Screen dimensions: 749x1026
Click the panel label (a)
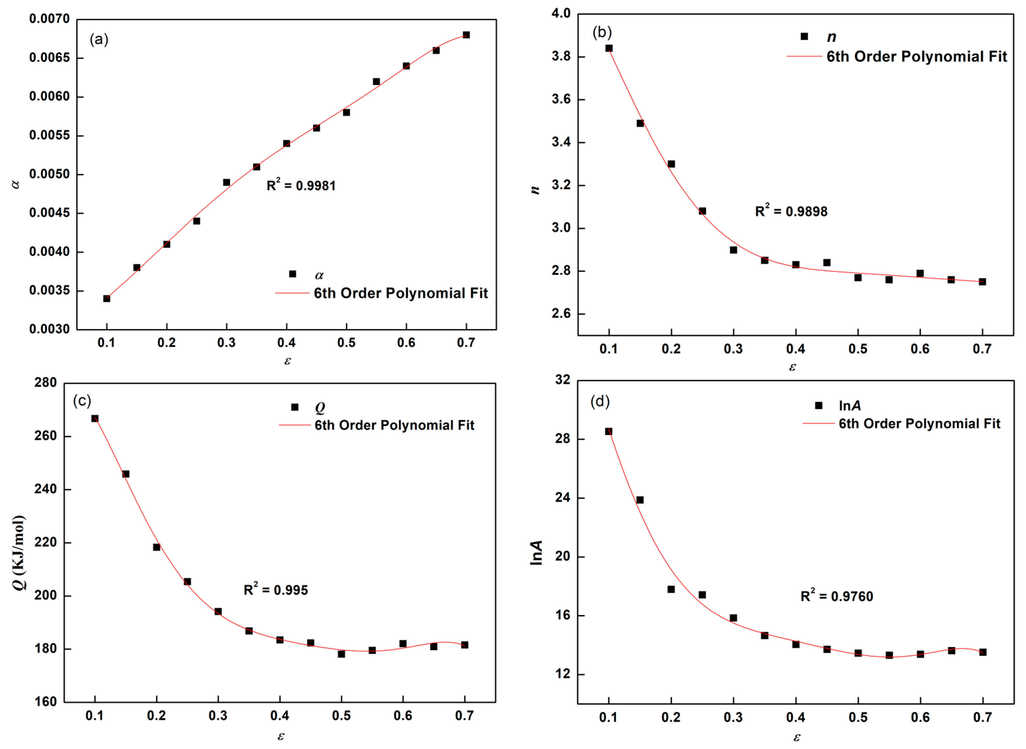(x=99, y=40)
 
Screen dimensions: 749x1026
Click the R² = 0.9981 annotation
(x=301, y=185)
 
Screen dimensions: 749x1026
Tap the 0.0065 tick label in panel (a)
(x=49, y=58)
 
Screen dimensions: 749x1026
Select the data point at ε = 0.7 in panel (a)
(x=466, y=35)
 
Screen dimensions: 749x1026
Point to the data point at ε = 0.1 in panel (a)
(x=107, y=298)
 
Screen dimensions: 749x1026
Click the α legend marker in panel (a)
(x=293, y=274)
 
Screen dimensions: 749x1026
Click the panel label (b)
(x=602, y=32)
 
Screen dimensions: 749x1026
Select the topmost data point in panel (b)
(x=609, y=48)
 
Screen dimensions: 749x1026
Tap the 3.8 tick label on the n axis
(x=561, y=57)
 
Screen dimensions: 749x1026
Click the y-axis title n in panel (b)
(x=535, y=189)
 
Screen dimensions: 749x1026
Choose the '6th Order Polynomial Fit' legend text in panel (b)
(x=916, y=57)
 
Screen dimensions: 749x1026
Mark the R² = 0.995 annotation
(x=276, y=590)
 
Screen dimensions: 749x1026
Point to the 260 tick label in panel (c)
(x=45, y=436)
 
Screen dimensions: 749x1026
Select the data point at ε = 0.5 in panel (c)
(x=341, y=654)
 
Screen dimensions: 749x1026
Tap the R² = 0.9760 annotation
(x=837, y=596)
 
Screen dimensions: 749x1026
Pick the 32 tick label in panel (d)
(x=563, y=379)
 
